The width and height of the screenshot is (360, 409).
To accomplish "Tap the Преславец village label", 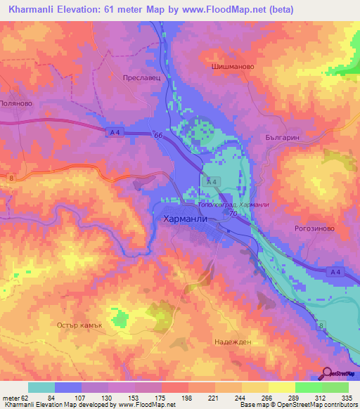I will (143, 79).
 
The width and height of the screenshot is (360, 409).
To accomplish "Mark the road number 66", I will (159, 136).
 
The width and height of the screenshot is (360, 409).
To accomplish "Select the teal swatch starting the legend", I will (41, 387).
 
